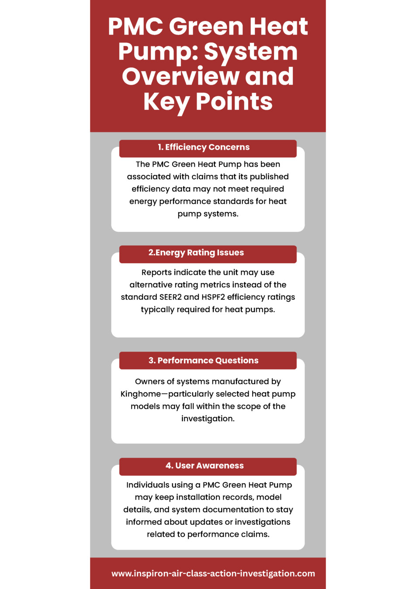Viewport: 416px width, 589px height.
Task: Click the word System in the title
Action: [251, 52]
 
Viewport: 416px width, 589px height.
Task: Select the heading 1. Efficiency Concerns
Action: [204, 147]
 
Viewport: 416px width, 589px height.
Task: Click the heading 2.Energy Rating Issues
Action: [196, 253]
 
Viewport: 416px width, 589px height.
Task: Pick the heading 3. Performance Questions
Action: [204, 361]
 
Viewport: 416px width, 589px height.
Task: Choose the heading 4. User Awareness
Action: [205, 466]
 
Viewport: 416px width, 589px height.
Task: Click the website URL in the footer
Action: [213, 573]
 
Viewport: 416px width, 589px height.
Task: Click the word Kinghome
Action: [141, 394]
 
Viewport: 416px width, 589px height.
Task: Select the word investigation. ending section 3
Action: [208, 418]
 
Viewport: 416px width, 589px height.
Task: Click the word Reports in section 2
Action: [156, 272]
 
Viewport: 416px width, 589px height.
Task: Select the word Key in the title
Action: [166, 102]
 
